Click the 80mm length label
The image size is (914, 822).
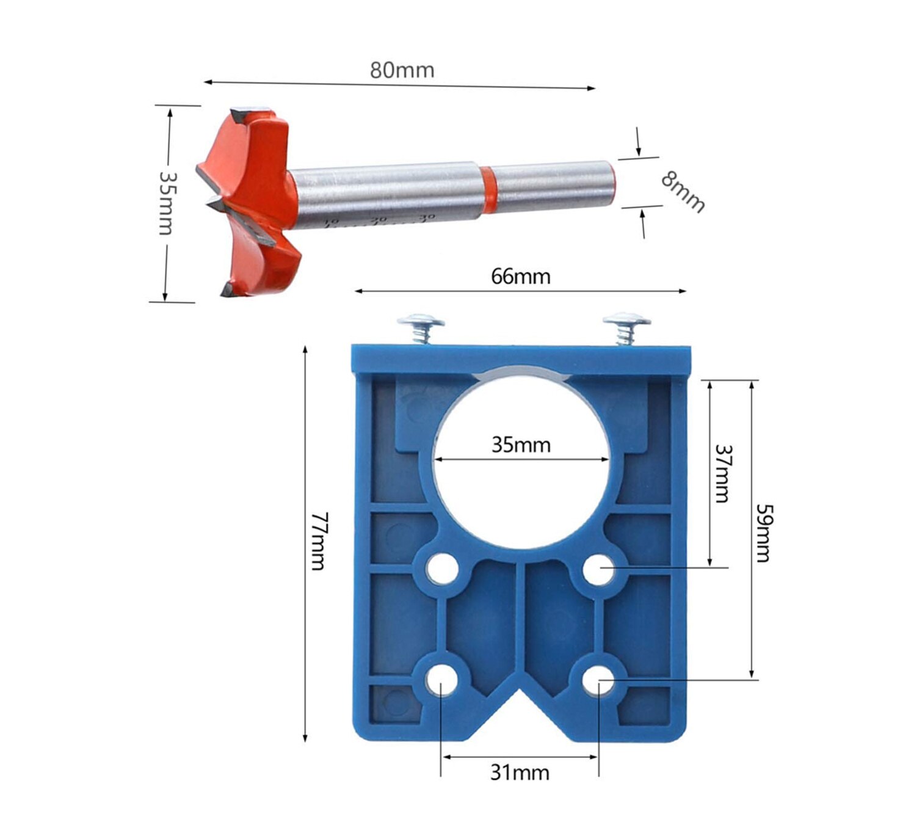[x=402, y=70]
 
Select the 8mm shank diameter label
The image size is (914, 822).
[x=683, y=191]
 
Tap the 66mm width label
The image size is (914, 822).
[x=520, y=277]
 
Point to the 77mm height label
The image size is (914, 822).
[x=319, y=541]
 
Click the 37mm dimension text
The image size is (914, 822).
[x=723, y=473]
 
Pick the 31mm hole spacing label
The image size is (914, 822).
[x=520, y=773]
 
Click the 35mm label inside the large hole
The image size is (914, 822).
[x=521, y=445]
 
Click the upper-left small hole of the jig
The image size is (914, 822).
[x=442, y=570]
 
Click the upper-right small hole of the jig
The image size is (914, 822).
[x=598, y=570]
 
